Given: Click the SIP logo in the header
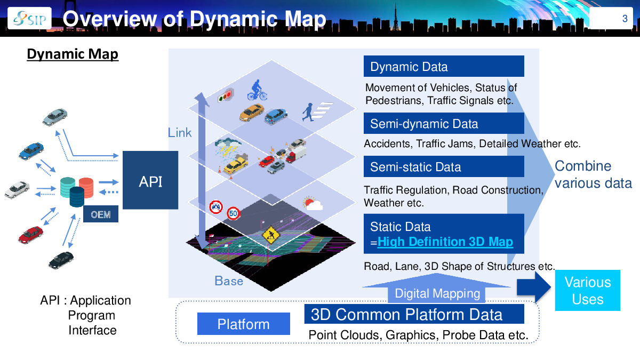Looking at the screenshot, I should point(29,19).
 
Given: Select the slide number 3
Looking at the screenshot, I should point(625,19).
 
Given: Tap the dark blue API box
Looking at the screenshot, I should point(150,181).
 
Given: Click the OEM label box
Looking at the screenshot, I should point(100,215).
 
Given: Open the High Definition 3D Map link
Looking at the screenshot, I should point(445,242).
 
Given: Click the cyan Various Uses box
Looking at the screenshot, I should point(587,291).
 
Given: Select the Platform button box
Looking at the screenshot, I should point(244,324).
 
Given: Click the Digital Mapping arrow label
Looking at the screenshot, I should point(437,293).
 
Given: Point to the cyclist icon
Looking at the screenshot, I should point(257,90).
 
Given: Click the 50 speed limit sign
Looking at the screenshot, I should point(233,213).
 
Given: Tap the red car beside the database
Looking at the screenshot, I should point(31,233).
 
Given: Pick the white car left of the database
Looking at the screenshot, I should point(18,188).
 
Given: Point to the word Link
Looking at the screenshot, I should point(180,133).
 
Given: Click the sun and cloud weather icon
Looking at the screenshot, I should point(313,203).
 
